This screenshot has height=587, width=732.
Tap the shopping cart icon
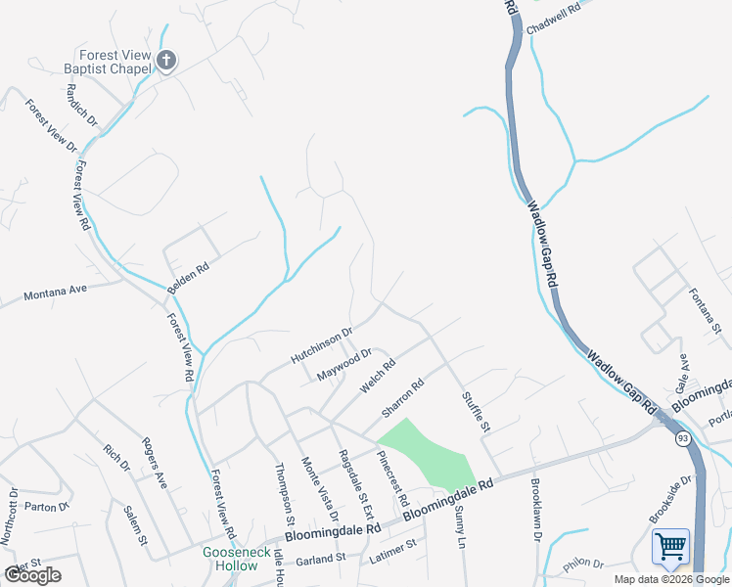670,546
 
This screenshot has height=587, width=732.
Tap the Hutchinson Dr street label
320,346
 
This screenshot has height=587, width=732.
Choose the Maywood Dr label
344,365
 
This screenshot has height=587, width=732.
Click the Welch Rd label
377,376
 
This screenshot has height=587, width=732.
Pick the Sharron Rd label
402,397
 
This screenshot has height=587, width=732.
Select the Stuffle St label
476,412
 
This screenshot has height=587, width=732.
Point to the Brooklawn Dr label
536,509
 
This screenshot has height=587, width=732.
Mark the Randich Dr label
83,104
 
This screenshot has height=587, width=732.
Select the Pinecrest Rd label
392,477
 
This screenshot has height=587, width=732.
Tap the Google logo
33,575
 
